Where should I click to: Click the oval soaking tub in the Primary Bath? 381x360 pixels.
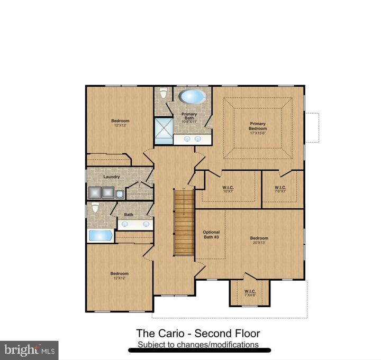click(192, 97)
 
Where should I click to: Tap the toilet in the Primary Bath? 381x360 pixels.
click(164, 93)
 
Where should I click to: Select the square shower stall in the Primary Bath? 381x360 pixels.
click(162, 130)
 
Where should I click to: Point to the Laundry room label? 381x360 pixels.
click(111, 177)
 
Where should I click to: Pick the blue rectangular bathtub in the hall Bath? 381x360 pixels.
click(99, 235)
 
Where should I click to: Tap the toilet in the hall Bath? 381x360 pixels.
click(95, 207)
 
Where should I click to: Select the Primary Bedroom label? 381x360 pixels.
click(258, 126)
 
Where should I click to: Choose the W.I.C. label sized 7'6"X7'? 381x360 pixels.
click(280, 188)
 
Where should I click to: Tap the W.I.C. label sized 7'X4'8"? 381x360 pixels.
click(250, 293)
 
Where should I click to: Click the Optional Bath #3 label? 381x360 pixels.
click(211, 235)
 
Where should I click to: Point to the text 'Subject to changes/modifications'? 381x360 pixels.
click(198, 345)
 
